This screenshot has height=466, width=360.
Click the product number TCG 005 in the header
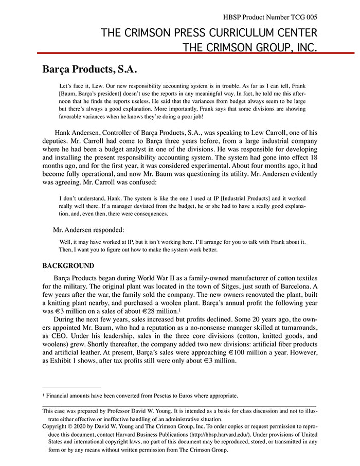tap(302, 17)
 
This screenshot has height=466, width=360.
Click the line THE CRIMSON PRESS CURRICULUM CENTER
tap(209, 33)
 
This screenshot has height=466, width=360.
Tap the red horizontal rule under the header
tap(195, 53)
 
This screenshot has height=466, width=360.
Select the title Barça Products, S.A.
tap(89, 69)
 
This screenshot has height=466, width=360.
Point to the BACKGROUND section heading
tap(68, 266)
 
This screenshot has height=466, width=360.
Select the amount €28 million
tap(154, 312)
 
